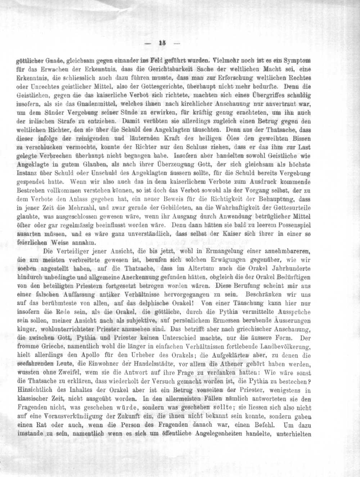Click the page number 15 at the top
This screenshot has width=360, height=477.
tap(161, 43)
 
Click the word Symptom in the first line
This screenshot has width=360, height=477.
tap(298, 60)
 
